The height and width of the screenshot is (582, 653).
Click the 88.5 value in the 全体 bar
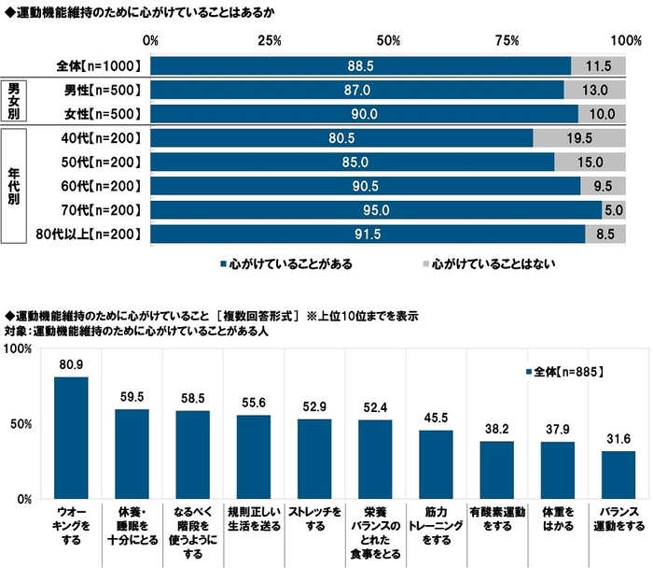359,66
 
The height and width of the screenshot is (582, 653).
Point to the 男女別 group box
14,102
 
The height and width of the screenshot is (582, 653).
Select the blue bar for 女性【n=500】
364,114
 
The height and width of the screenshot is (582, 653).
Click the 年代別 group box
14,186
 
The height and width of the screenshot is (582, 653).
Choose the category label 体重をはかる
557,519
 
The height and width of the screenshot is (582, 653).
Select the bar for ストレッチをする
313,459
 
